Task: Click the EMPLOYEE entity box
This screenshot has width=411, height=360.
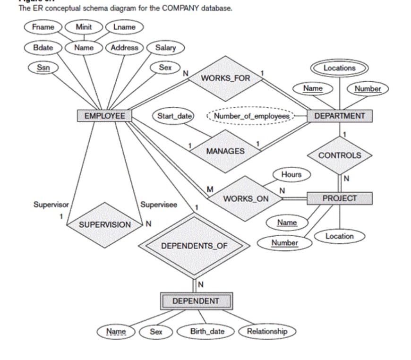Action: coord(104,116)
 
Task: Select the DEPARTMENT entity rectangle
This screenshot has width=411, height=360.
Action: coord(339,116)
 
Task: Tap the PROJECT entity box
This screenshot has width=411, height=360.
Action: coord(339,198)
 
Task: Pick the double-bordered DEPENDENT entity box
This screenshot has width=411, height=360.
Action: coord(196,301)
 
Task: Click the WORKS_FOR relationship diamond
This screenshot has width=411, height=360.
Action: coord(225,78)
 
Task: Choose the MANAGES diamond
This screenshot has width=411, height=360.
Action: coord(225,151)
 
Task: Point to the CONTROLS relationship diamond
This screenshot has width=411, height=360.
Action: coord(339,155)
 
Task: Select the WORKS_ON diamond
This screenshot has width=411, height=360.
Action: coord(245,198)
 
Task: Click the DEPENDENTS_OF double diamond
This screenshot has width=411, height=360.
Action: coord(194,246)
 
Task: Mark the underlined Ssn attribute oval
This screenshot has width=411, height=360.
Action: coord(42,68)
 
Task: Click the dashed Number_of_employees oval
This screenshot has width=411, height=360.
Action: coord(251,116)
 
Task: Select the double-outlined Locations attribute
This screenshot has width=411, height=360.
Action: coord(339,68)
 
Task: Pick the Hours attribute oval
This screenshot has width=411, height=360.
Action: coord(291,174)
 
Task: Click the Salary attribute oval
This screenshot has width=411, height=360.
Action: coord(165,47)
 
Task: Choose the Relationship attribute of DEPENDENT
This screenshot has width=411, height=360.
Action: coord(266,331)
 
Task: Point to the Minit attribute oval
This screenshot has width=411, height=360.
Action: coord(84,27)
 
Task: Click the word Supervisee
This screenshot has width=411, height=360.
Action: coord(159,205)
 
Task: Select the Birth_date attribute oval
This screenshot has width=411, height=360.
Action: coord(207,331)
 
